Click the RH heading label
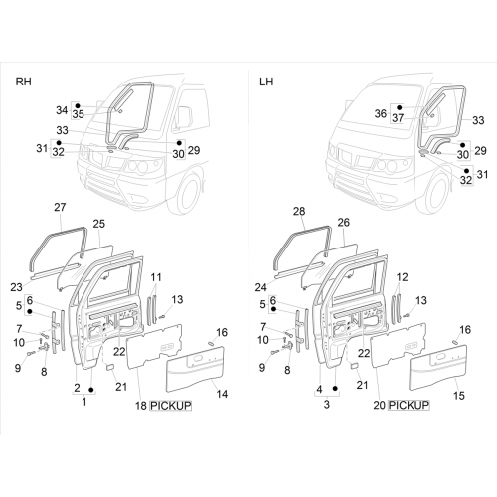click(24, 82)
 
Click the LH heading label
click(266, 82)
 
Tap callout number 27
click(60, 207)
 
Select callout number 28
click(299, 211)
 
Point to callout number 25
click(98, 224)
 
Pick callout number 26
click(343, 222)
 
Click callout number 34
click(62, 110)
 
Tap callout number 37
click(398, 117)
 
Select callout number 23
click(16, 287)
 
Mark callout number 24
click(261, 287)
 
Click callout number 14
click(222, 394)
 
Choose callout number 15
click(459, 395)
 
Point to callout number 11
click(156, 277)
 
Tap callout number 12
click(402, 277)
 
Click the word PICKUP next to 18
click(171, 406)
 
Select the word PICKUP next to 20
click(409, 405)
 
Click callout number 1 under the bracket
click(84, 402)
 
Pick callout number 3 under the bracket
click(327, 405)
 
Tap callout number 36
click(381, 113)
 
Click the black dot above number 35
click(78, 105)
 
